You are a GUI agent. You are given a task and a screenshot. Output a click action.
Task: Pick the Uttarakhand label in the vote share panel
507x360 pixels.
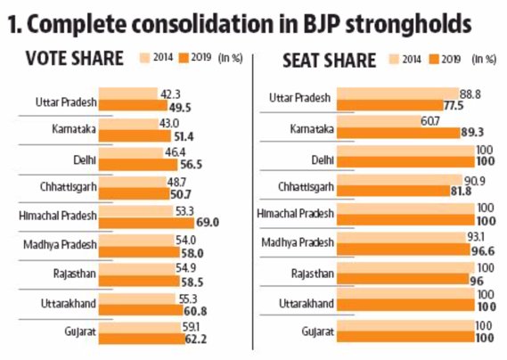tap(70, 304)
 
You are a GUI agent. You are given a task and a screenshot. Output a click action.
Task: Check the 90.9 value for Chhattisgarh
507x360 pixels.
tap(481, 178)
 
